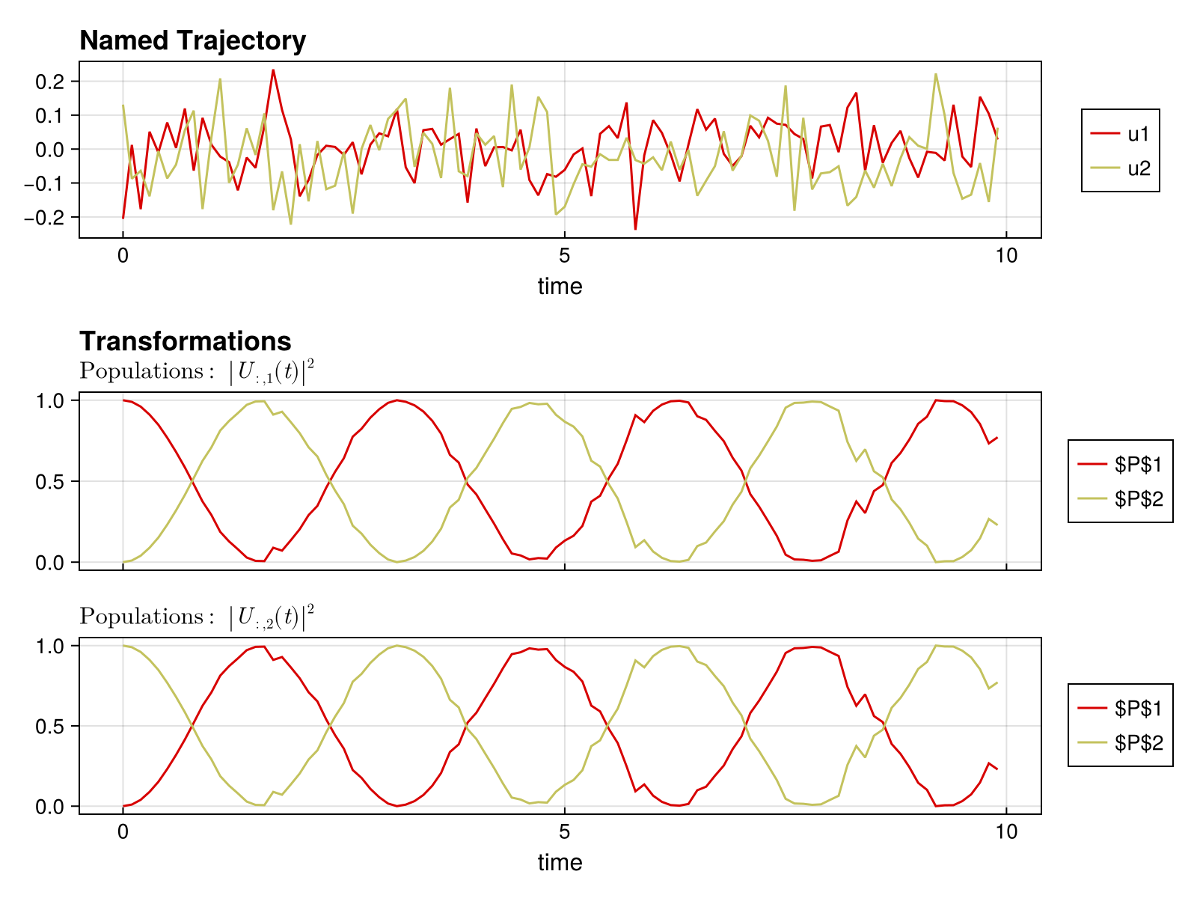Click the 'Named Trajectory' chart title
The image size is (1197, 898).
pos(192,40)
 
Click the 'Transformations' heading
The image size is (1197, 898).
pos(185,341)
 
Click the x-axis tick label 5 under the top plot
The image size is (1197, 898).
pos(564,256)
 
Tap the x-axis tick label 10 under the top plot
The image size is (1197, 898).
pos(1006,256)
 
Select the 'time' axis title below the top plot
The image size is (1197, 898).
pos(560,286)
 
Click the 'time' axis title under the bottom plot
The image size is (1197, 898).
pos(560,862)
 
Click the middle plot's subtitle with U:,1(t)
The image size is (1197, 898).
pos(197,371)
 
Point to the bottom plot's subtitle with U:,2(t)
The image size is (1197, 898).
pos(197,617)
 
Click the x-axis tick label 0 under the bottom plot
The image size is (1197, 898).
pos(123,831)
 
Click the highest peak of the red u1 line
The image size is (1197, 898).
pos(273,70)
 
